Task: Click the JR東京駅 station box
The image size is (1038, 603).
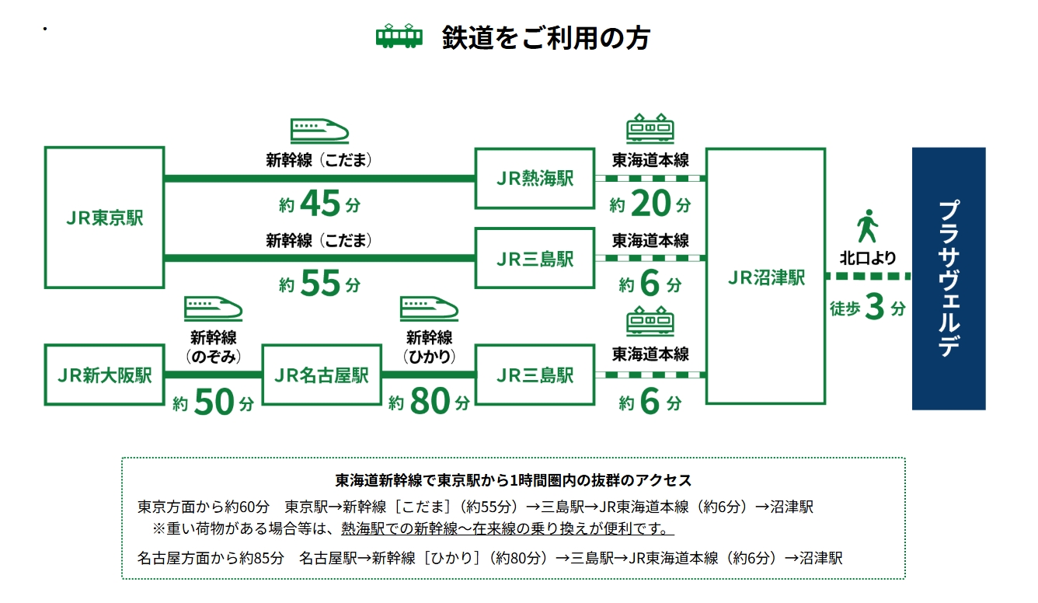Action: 104,218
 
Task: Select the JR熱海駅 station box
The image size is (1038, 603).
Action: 535,179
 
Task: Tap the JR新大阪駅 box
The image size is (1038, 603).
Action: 104,375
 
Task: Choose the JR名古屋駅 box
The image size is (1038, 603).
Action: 322,375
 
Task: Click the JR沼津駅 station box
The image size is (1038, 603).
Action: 765,276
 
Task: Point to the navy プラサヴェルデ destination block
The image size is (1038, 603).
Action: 949,278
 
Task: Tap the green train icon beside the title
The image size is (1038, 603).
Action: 399,36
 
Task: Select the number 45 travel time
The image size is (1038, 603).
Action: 320,203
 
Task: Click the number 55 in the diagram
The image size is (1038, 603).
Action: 320,283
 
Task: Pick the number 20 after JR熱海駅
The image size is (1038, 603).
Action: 650,203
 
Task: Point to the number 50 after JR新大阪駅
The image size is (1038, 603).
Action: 214,402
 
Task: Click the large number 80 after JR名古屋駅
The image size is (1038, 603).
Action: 430,401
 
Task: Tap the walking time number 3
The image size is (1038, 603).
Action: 874,306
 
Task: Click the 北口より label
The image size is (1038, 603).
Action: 868,258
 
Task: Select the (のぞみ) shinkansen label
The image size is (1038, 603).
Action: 213,357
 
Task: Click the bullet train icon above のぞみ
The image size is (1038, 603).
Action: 213,308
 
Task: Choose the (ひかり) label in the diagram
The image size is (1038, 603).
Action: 429,357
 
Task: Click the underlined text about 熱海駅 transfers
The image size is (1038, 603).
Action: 507,528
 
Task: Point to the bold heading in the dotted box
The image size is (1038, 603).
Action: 514,480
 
